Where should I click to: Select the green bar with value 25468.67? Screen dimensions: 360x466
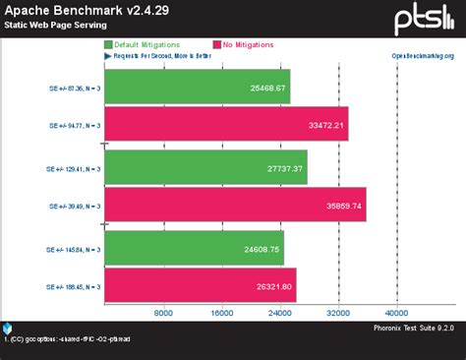197,88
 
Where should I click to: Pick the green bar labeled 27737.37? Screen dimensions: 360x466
205,168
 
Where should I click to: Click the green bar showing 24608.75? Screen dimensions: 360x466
194,249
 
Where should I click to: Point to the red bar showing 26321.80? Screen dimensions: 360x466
200,286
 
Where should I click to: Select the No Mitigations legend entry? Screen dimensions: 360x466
246,45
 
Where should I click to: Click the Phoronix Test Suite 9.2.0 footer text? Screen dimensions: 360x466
414,328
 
